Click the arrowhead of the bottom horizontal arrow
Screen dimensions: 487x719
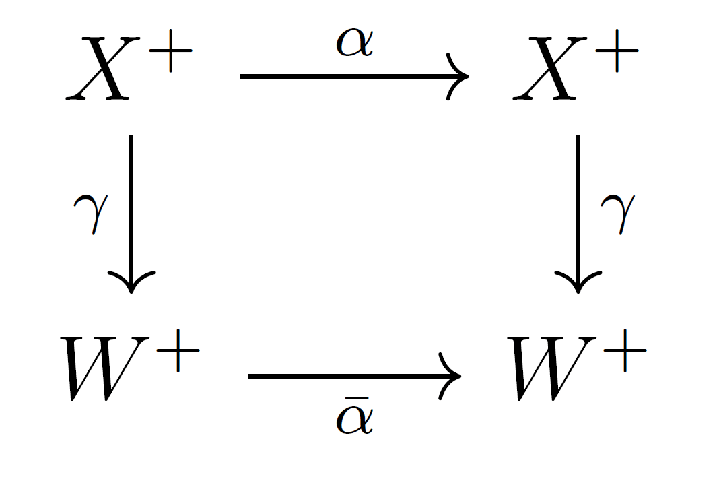tap(455, 376)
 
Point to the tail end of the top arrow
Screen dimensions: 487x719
tap(242, 77)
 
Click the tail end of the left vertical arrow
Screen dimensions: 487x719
tap(131, 137)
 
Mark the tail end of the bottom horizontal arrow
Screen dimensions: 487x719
tap(250, 376)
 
